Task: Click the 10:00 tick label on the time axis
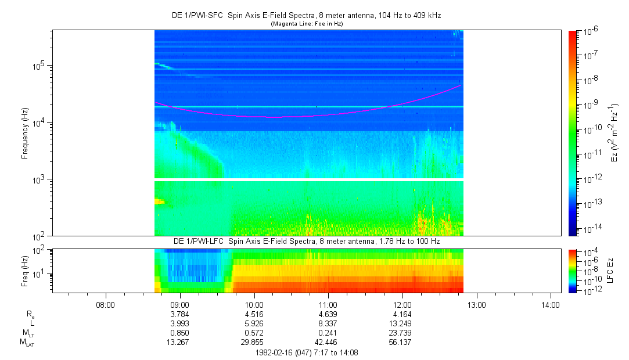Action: pos(254,304)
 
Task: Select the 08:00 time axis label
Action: pos(105,304)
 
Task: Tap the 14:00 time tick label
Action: pos(551,304)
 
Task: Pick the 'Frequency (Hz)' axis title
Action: pos(26,133)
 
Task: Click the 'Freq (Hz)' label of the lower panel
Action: pos(26,270)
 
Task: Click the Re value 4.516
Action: pos(254,315)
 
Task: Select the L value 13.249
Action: pos(402,324)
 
